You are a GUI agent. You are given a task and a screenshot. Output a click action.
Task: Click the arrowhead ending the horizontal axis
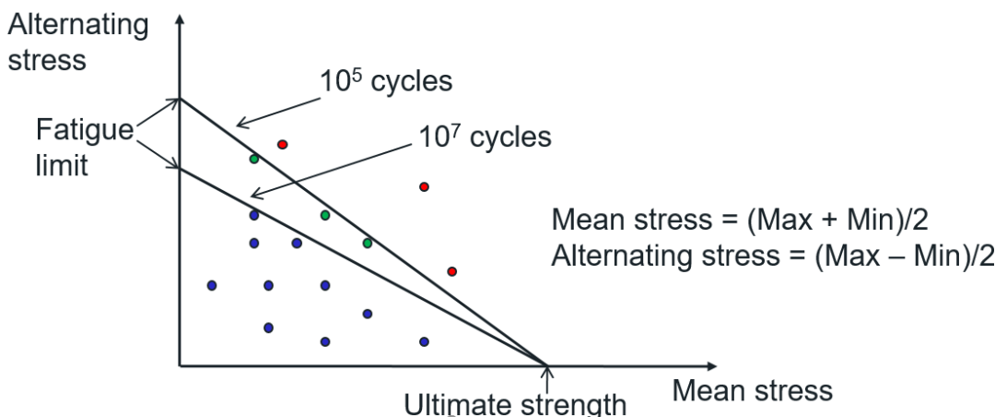tap(711, 367)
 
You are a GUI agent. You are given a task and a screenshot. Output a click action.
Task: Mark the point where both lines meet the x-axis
tap(548, 367)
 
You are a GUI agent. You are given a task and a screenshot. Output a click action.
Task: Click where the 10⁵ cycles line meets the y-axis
tap(181, 98)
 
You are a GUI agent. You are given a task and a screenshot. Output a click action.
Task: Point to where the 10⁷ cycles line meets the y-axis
tap(181, 167)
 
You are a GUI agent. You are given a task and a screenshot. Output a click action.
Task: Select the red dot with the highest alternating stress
tap(283, 144)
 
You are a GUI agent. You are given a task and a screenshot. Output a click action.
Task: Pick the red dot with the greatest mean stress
tap(452, 271)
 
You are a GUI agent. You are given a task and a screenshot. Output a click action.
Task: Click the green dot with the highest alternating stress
tap(254, 159)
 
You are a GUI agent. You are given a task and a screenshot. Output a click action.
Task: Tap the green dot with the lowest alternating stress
tap(368, 243)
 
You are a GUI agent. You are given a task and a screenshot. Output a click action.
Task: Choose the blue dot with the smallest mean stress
tap(212, 285)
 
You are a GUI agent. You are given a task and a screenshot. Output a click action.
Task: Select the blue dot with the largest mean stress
tap(425, 341)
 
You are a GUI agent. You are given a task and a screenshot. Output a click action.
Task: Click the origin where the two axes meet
tap(181, 367)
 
